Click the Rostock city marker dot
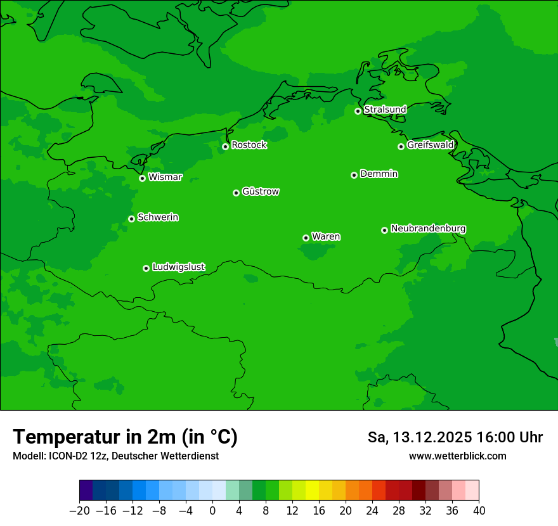[225, 146]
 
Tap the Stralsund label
[385, 110]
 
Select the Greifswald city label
[431, 145]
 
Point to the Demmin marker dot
[354, 175]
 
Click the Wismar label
[165, 177]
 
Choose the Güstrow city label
[261, 191]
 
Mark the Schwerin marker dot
[131, 219]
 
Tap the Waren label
[326, 236]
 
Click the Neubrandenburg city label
[428, 228]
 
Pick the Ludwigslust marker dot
[146, 268]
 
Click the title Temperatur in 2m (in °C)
[126, 437]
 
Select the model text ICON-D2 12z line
[115, 456]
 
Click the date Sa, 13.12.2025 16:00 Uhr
[455, 437]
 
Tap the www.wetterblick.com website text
[457, 456]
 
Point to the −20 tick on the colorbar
[79, 511]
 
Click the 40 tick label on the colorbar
[479, 511]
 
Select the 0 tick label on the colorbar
[212, 511]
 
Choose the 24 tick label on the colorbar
[372, 511]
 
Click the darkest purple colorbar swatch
[86, 491]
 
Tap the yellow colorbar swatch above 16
[313, 491]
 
